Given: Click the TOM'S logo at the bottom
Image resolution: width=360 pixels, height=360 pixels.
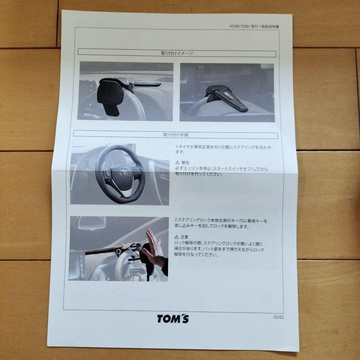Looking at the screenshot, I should [x=173, y=318].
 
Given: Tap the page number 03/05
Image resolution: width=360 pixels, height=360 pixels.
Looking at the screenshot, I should [x=278, y=317].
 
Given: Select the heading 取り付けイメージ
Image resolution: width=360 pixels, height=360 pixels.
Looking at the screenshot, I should [x=177, y=53].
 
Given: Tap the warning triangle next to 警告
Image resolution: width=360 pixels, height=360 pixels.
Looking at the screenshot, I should [x=177, y=163].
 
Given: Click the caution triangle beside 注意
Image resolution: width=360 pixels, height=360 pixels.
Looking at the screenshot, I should [x=177, y=237].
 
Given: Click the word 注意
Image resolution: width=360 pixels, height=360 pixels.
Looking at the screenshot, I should [x=185, y=237].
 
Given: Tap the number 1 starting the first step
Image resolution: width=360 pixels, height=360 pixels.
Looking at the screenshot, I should [x=176, y=147].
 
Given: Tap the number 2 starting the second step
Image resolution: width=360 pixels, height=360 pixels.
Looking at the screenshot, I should [x=176, y=221].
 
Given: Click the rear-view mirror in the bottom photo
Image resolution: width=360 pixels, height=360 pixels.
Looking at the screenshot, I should [x=92, y=222].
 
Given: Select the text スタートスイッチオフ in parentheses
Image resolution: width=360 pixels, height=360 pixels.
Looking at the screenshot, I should [x=231, y=169].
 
